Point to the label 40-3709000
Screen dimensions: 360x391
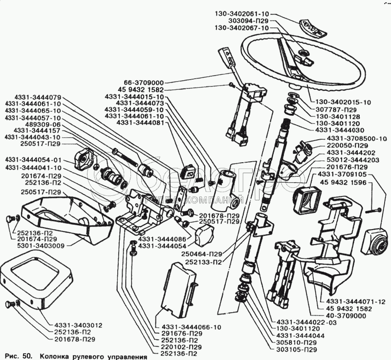tap(343, 316)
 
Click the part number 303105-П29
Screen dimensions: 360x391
tap(298, 349)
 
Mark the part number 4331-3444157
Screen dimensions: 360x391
tap(34, 131)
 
